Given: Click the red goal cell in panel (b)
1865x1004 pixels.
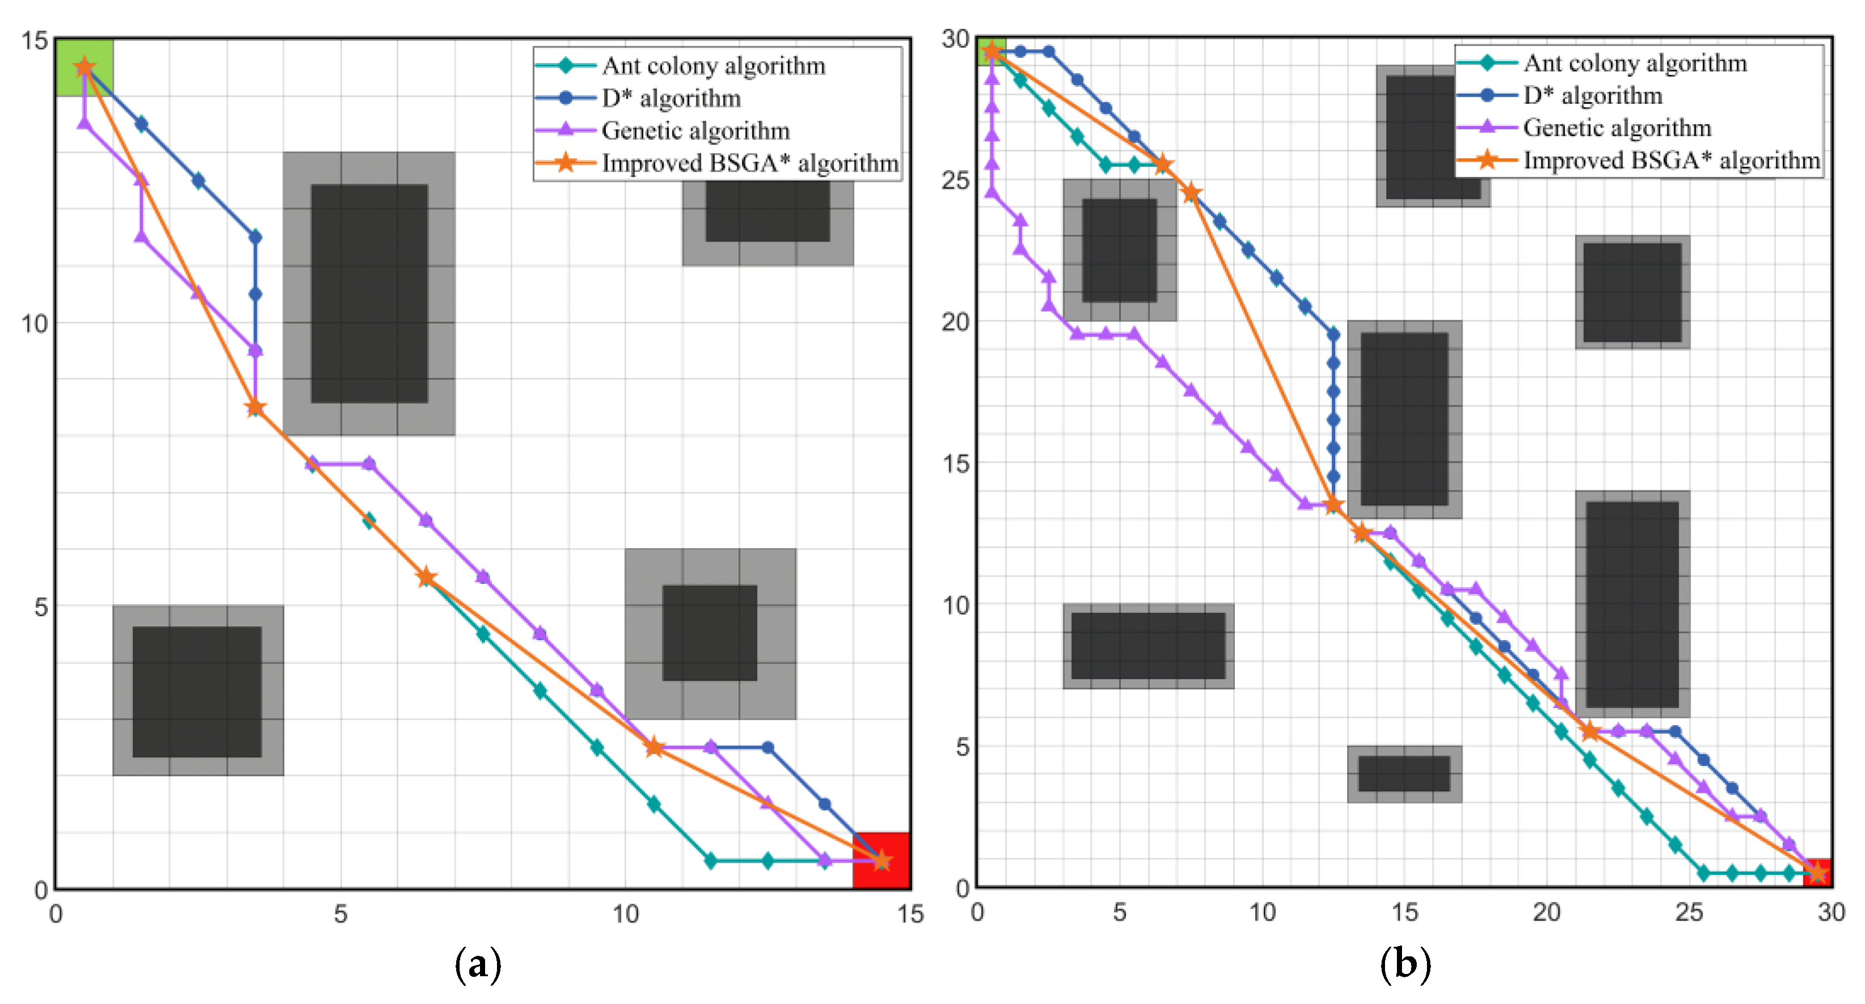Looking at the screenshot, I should (x=1817, y=873).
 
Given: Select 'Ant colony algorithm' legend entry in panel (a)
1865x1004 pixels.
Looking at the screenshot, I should (x=713, y=66).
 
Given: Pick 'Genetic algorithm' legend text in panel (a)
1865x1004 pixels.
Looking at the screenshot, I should (x=695, y=130).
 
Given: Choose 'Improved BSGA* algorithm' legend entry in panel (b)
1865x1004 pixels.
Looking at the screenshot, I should (x=1671, y=160).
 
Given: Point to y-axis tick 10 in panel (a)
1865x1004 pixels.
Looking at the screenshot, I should (x=34, y=323).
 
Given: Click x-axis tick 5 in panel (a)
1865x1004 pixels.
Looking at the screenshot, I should (x=340, y=914).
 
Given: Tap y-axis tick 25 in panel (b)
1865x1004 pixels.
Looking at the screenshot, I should (x=955, y=180).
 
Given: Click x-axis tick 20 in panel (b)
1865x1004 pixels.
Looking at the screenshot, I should (x=1547, y=912).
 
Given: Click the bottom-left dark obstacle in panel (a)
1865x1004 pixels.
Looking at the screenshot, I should (x=197, y=691).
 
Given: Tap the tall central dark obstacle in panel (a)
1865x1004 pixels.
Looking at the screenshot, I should (x=369, y=294).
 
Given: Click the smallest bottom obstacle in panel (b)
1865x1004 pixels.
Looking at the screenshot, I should (x=1404, y=774).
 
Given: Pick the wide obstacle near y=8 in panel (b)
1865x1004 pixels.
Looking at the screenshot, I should (x=1148, y=645).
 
